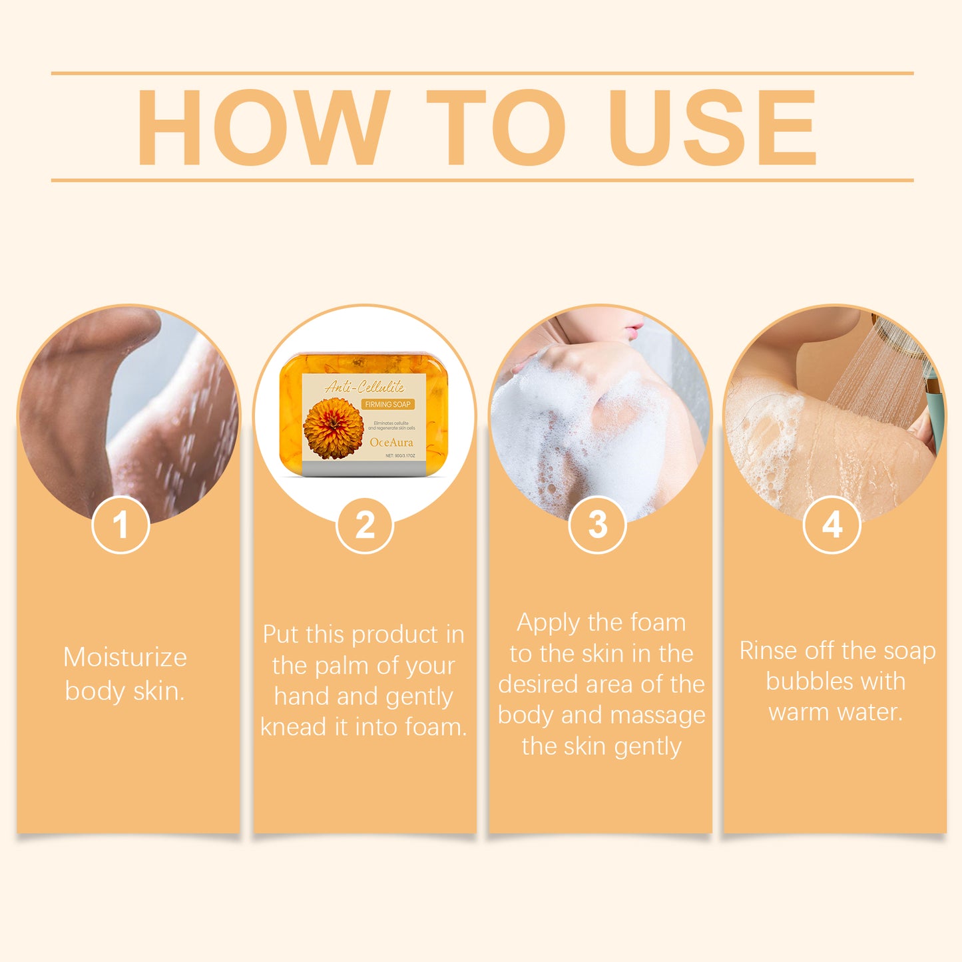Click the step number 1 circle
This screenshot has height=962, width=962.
pyautogui.click(x=120, y=525)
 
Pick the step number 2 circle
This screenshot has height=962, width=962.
pyautogui.click(x=365, y=525)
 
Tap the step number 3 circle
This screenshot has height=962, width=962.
pyautogui.click(x=597, y=525)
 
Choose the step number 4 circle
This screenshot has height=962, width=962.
pyautogui.click(x=832, y=525)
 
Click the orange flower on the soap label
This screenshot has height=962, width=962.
pyautogui.click(x=334, y=428)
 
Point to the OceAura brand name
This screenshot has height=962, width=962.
pyautogui.click(x=391, y=442)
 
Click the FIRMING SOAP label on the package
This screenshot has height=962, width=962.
pyautogui.click(x=387, y=404)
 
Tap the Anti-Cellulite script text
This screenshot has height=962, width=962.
pyautogui.click(x=364, y=387)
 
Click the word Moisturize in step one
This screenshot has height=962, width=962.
pyautogui.click(x=125, y=658)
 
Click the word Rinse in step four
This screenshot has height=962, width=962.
pyautogui.click(x=768, y=650)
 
